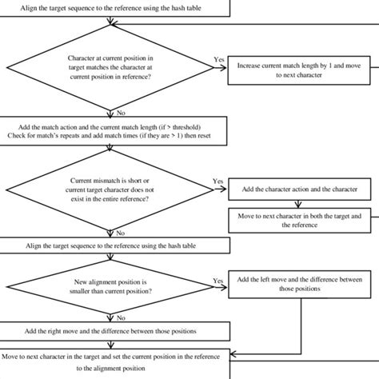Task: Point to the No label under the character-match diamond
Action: [x=121, y=114]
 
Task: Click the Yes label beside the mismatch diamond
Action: [x=218, y=182]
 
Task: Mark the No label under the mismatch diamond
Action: [x=121, y=233]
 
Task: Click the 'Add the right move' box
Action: [x=115, y=330]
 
